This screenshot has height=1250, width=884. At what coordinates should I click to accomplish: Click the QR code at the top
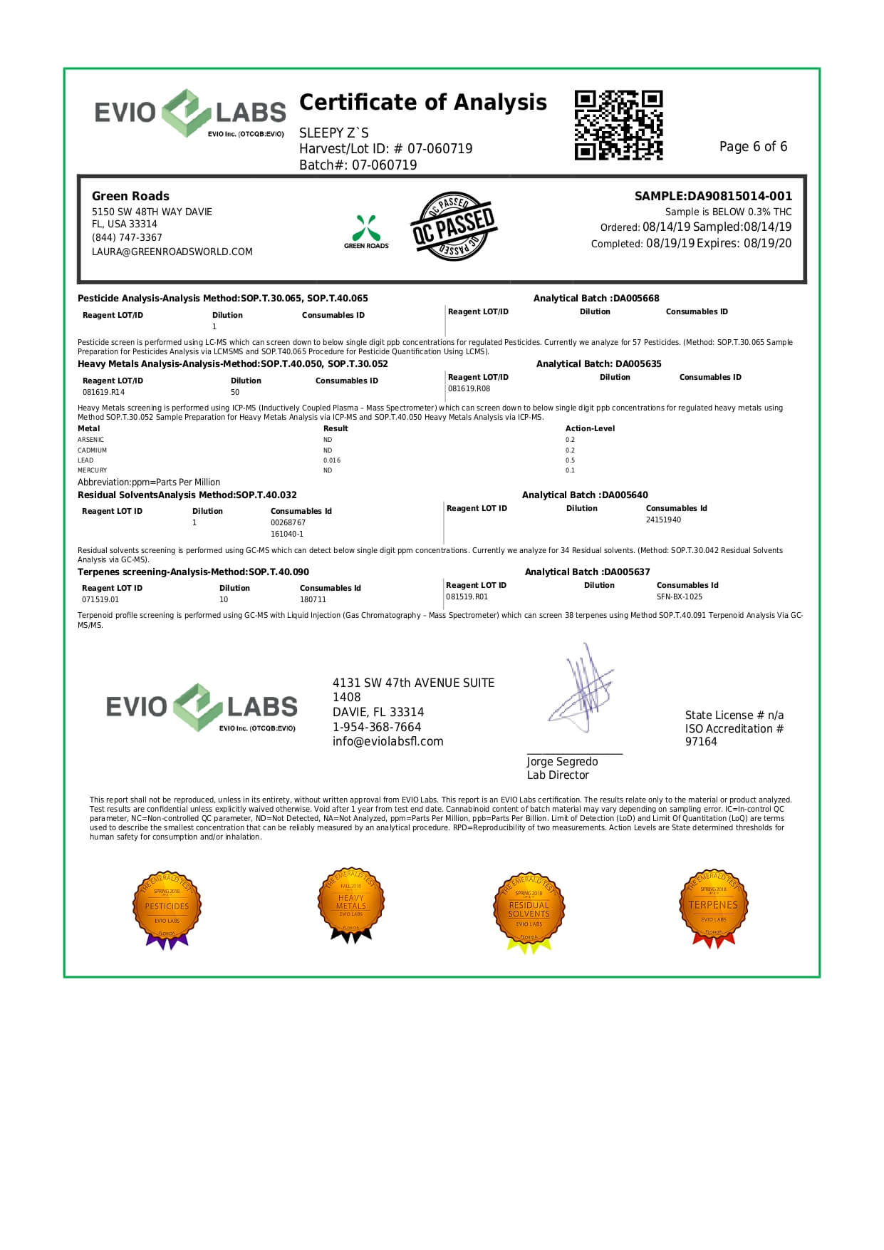pos(618,125)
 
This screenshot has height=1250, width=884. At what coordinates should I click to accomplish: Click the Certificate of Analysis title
pos(423,103)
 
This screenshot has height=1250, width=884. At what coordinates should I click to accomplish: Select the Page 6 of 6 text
pos(753,147)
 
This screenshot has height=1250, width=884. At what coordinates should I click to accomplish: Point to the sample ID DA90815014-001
pos(739,196)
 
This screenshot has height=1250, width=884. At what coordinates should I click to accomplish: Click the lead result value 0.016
pos(332,460)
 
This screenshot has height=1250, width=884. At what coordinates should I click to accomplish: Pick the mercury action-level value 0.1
pos(570,470)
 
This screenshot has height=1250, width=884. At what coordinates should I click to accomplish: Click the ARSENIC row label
pos(90,440)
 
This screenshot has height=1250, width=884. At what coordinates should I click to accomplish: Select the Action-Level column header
pos(590,428)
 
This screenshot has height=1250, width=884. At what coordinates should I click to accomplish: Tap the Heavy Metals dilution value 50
pos(235,392)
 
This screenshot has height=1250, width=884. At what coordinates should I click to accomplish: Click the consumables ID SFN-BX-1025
pos(679,596)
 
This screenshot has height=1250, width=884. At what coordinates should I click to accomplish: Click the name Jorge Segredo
pos(562,762)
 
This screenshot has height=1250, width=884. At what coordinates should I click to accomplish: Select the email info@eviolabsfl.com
pos(388,741)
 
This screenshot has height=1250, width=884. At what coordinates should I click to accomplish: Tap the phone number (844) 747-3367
pos(127,237)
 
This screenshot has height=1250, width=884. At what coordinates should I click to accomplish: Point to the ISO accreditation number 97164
pos(701,742)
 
